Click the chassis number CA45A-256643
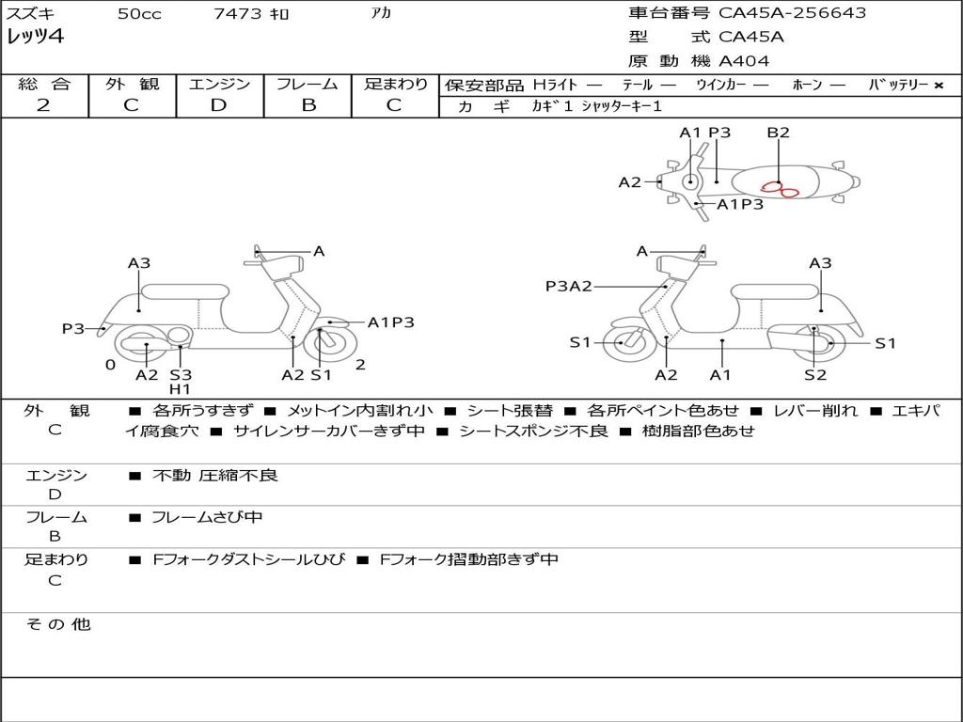(792, 13)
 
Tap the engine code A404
(744, 61)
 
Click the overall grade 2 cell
(43, 105)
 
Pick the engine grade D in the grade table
(218, 105)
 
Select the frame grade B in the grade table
(308, 105)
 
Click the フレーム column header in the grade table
(308, 85)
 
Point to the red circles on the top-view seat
(780, 190)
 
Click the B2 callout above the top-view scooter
(778, 133)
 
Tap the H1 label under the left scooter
(180, 389)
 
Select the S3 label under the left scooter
(181, 375)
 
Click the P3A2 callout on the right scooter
(569, 286)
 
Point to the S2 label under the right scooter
(814, 375)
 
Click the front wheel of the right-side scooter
(623, 343)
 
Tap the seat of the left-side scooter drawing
(183, 290)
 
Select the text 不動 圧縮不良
(215, 476)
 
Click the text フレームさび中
(207, 517)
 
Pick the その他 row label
(57, 624)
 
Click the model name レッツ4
(35, 38)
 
